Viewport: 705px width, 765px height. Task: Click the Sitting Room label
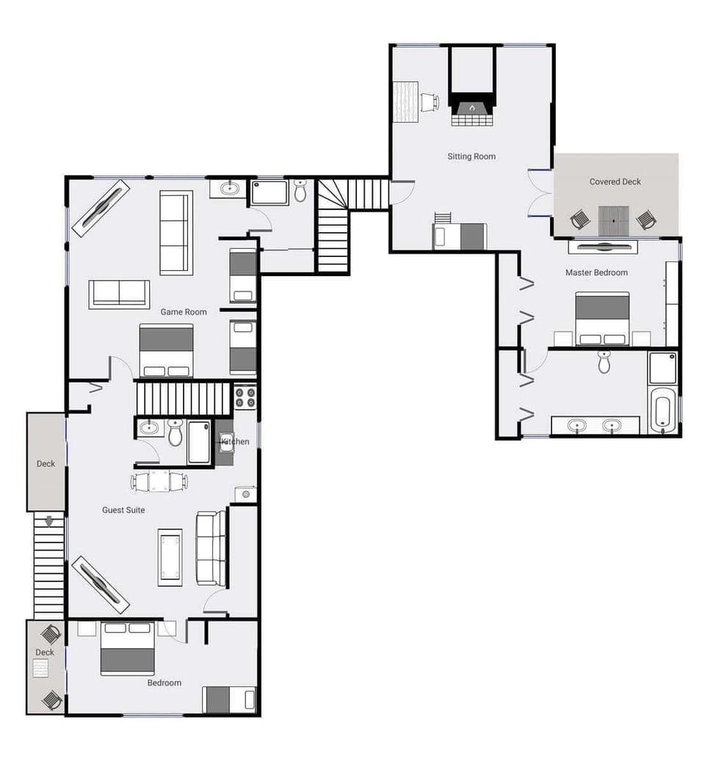[x=471, y=156]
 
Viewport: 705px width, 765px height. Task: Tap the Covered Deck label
[x=615, y=181]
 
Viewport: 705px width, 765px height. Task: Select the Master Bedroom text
[x=596, y=272]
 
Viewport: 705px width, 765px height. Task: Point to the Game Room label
[x=184, y=312]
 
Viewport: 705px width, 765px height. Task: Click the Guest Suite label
[x=123, y=510]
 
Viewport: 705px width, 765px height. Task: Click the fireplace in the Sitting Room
[x=471, y=109]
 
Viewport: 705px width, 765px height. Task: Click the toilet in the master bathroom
[x=604, y=361]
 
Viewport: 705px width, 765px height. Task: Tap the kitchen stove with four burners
[x=245, y=397]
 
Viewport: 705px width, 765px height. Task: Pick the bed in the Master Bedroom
[x=602, y=319]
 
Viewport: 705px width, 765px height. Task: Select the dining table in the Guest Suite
[x=159, y=482]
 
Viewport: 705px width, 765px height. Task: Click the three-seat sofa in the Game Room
[x=176, y=233]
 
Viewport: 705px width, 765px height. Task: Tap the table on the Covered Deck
[x=614, y=220]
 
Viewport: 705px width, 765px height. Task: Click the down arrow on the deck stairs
[x=49, y=522]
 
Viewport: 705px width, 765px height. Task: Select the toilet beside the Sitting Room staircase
[x=300, y=191]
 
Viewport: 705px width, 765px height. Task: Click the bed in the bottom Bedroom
[x=127, y=648]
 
